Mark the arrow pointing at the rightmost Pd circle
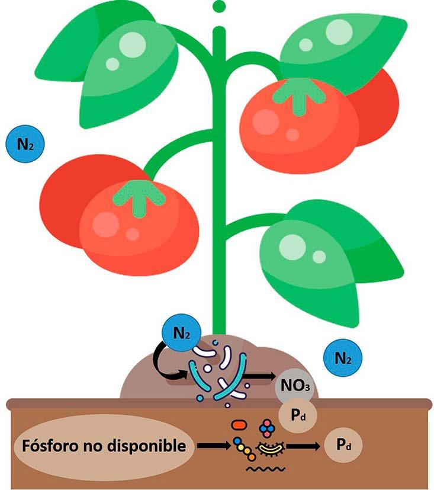304,444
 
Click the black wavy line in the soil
265,468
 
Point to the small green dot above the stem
219,7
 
